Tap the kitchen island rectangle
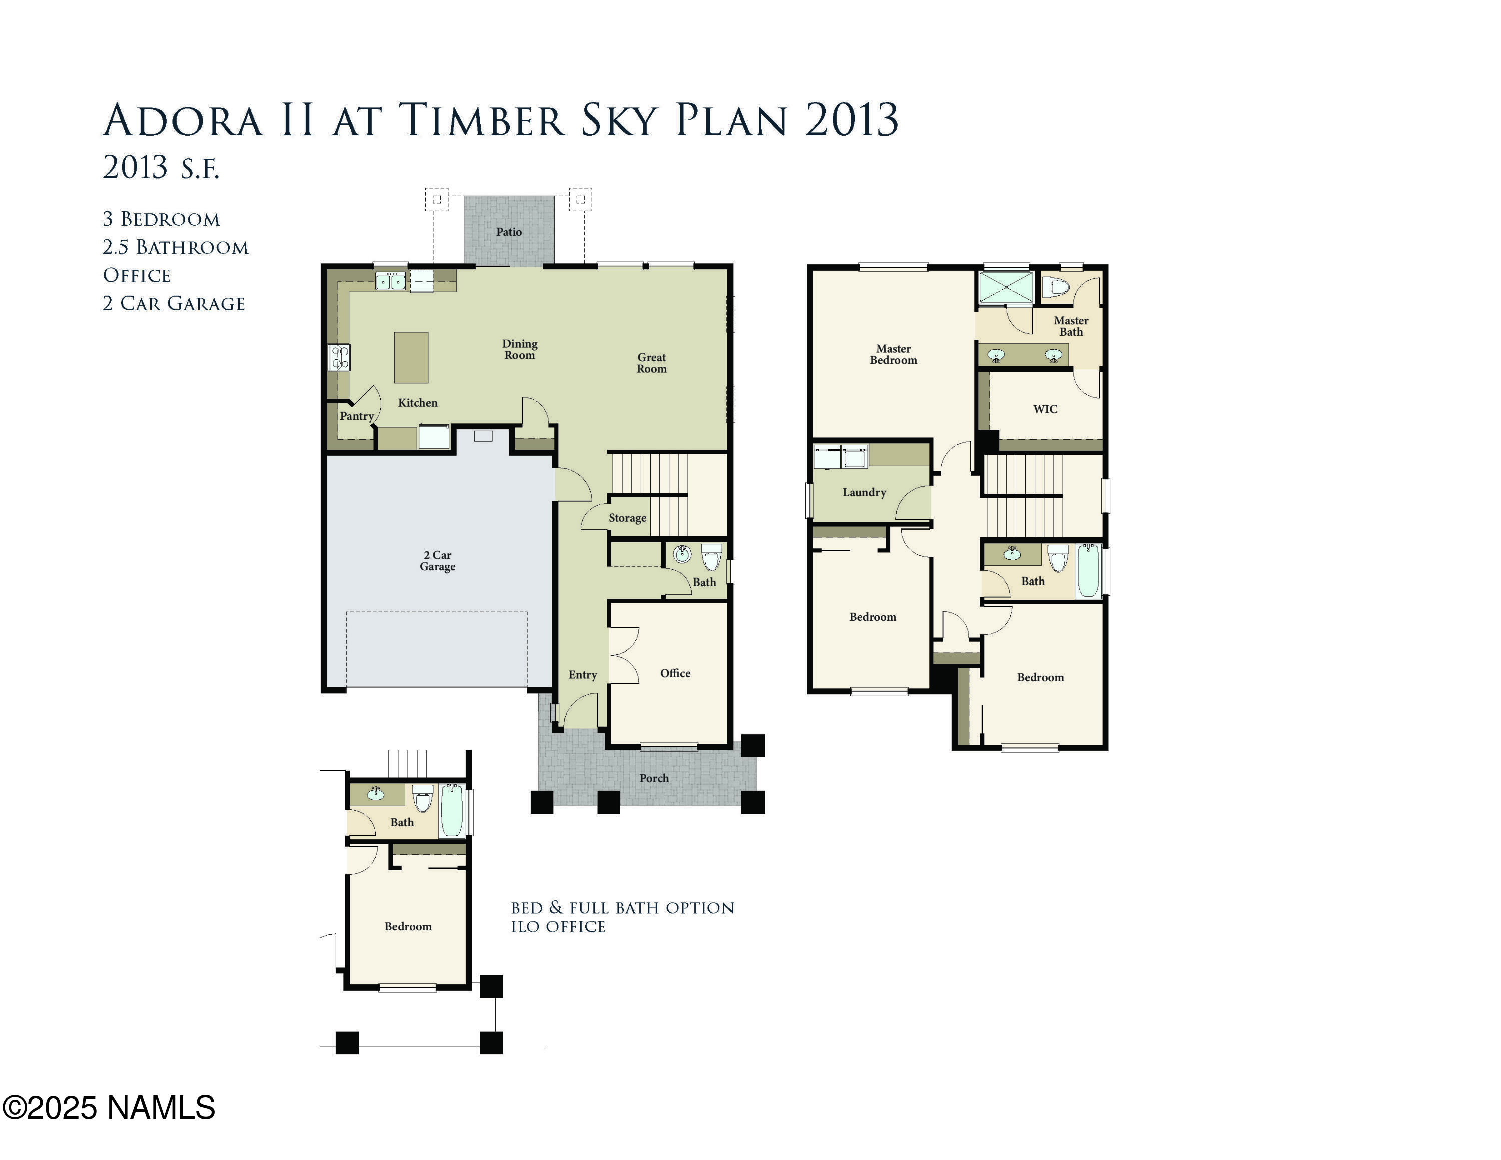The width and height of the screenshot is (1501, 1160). [x=411, y=357]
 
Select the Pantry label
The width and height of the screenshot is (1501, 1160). [x=357, y=416]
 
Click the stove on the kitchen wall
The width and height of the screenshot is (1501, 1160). [x=340, y=357]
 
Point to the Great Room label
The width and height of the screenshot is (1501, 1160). [x=651, y=363]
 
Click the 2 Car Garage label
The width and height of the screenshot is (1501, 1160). [x=438, y=561]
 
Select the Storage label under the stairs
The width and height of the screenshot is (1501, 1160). [x=627, y=518]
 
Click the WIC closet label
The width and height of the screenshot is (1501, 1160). [x=1045, y=409]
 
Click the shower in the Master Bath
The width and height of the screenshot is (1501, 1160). [x=1006, y=287]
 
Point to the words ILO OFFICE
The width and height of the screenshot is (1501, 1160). [x=558, y=927]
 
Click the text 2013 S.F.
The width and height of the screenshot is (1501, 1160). [x=161, y=167]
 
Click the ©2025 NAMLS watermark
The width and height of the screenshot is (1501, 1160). [x=109, y=1108]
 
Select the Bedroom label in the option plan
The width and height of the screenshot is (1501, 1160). [x=408, y=926]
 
